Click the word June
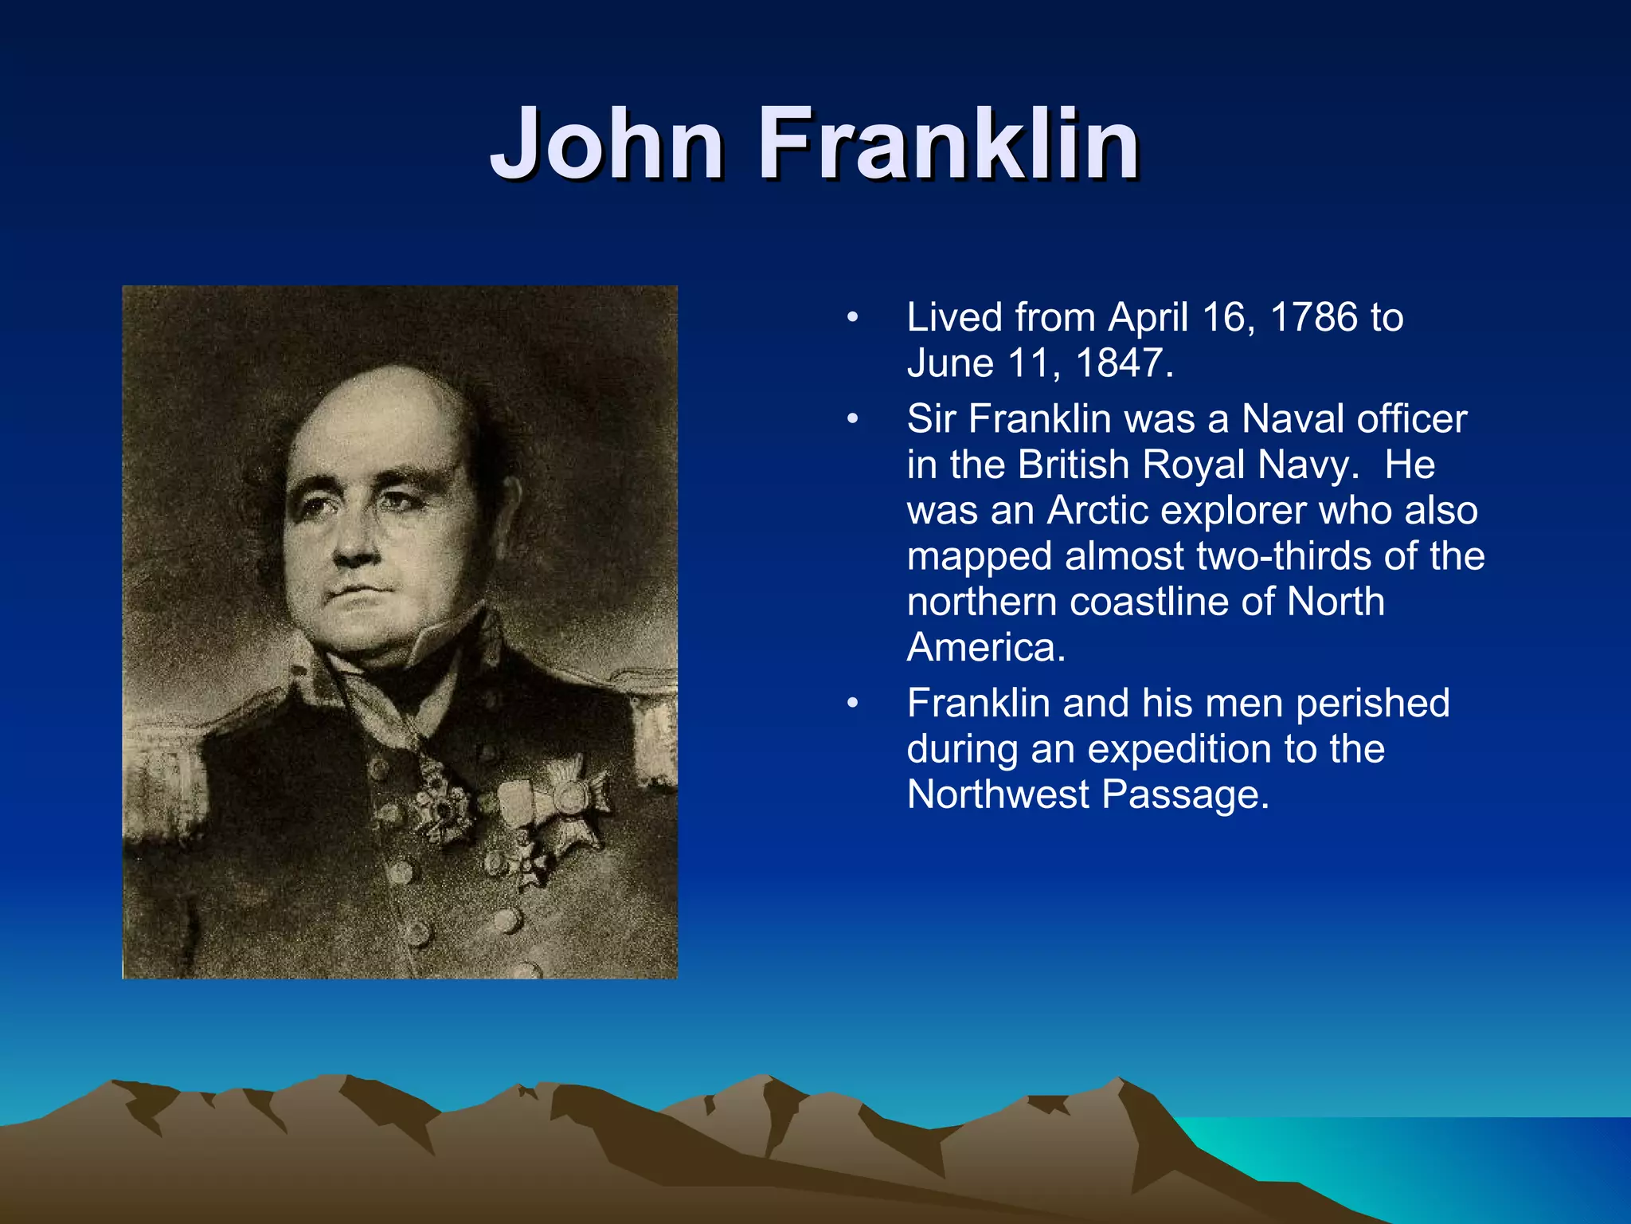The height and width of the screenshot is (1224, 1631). [951, 363]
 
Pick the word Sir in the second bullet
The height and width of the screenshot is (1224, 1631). [931, 419]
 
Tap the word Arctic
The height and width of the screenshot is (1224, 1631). [1097, 511]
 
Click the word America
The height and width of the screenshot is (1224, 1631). [985, 648]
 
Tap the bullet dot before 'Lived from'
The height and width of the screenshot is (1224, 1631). [853, 318]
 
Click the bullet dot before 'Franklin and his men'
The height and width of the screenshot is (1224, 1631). [853, 704]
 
